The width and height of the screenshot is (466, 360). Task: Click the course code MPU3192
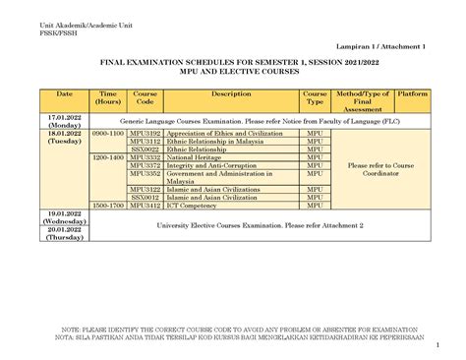click(145, 131)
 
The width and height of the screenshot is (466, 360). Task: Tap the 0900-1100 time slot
click(108, 131)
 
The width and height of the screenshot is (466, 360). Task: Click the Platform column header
click(413, 93)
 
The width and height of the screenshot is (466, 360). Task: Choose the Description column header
click(231, 93)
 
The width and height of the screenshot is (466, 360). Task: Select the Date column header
click(64, 93)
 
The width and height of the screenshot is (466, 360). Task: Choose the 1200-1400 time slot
click(108, 156)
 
